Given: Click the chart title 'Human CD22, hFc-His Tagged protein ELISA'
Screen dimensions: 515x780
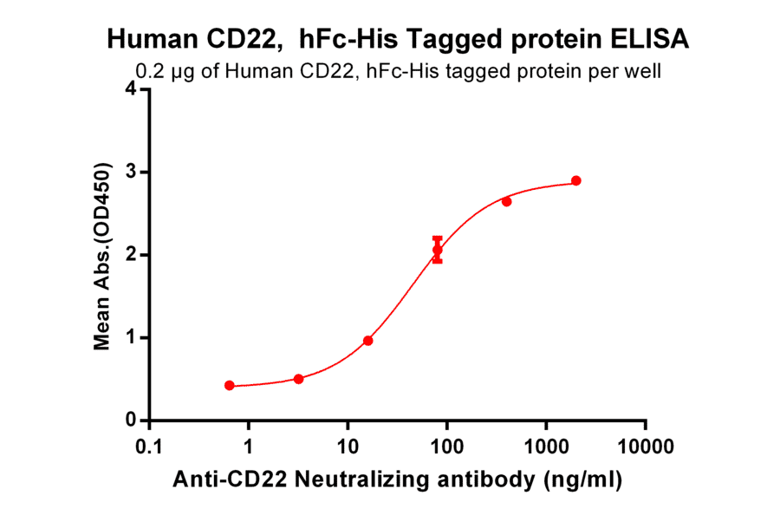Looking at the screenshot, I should click(398, 39).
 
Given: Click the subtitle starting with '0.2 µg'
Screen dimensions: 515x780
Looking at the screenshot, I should click(398, 72).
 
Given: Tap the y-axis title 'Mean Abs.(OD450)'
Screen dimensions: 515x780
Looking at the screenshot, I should click(102, 256).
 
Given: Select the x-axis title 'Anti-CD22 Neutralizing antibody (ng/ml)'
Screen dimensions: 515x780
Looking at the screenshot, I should click(398, 479).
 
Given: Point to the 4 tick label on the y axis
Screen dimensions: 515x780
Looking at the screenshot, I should click(131, 89).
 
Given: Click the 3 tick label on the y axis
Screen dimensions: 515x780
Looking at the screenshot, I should click(131, 172).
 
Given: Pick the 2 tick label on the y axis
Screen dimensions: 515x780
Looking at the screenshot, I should click(131, 255).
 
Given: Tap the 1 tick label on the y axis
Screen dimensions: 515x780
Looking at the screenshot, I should click(131, 337).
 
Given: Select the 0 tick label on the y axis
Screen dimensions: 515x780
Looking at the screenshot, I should click(131, 420).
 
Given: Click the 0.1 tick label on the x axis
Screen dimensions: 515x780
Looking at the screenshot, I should click(149, 447).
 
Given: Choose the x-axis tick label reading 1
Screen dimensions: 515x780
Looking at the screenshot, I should click(249, 447).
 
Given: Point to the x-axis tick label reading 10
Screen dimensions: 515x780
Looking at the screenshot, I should click(348, 447).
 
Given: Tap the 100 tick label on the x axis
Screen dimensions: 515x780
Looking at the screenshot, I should click(447, 447).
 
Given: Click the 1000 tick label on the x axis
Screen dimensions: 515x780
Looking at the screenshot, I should click(546, 447).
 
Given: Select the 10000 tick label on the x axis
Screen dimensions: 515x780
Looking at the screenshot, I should click(645, 447).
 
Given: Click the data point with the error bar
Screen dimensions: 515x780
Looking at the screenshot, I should click(438, 250).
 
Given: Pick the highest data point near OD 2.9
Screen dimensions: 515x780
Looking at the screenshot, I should click(576, 181).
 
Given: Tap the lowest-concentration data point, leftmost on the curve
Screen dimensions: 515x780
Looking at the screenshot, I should click(229, 385).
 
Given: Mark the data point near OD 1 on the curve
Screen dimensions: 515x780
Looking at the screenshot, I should click(368, 341).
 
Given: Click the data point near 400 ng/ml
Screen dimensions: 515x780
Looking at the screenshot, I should click(507, 201).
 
